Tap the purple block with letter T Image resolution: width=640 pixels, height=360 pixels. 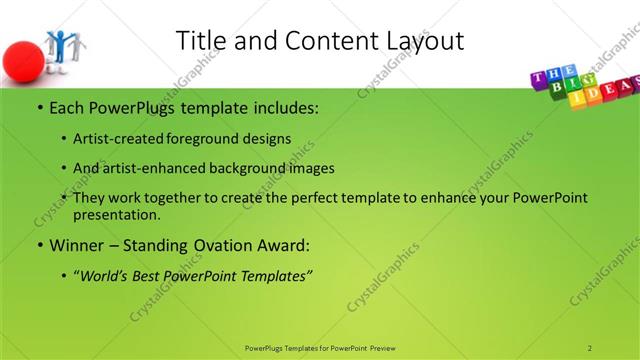[x=537, y=78]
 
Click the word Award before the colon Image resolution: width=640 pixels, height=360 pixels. [x=279, y=245]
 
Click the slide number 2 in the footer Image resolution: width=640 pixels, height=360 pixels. [x=590, y=347]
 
